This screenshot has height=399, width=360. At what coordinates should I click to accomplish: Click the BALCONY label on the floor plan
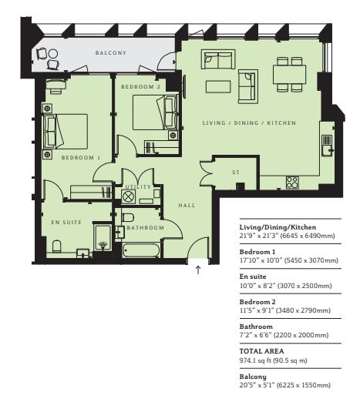pos(111,53)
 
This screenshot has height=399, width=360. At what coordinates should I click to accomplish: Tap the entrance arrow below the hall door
pos(198,270)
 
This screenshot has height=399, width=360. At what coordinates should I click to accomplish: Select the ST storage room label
pos(236,173)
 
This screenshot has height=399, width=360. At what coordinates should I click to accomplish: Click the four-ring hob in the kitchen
pos(292,183)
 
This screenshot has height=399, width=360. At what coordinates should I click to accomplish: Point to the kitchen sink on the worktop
pos(327,146)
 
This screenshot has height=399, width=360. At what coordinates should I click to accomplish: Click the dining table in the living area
pos(289,74)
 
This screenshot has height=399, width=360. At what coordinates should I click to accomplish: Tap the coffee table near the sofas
pos(218,86)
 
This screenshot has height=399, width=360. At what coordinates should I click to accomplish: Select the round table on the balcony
pos(53,54)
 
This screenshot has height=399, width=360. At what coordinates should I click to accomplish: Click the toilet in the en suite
pos(57,246)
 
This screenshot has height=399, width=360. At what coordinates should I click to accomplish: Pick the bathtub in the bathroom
pos(141,250)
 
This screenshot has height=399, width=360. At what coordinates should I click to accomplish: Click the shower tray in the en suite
pos(103,237)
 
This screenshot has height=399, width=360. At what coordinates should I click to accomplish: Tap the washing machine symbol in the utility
pos(128,197)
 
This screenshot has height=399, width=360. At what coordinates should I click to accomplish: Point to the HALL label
pos(187,206)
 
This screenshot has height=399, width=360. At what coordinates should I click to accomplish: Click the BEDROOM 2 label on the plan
pos(140,87)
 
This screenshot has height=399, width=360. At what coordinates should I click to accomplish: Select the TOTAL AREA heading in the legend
pos(261,351)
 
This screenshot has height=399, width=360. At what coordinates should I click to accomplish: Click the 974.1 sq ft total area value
pos(273,360)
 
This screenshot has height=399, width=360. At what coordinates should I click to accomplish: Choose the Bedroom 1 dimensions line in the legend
pos(289,260)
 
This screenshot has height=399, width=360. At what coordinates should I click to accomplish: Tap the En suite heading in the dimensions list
pos(253,277)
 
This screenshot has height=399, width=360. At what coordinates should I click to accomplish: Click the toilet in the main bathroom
pos(128,217)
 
